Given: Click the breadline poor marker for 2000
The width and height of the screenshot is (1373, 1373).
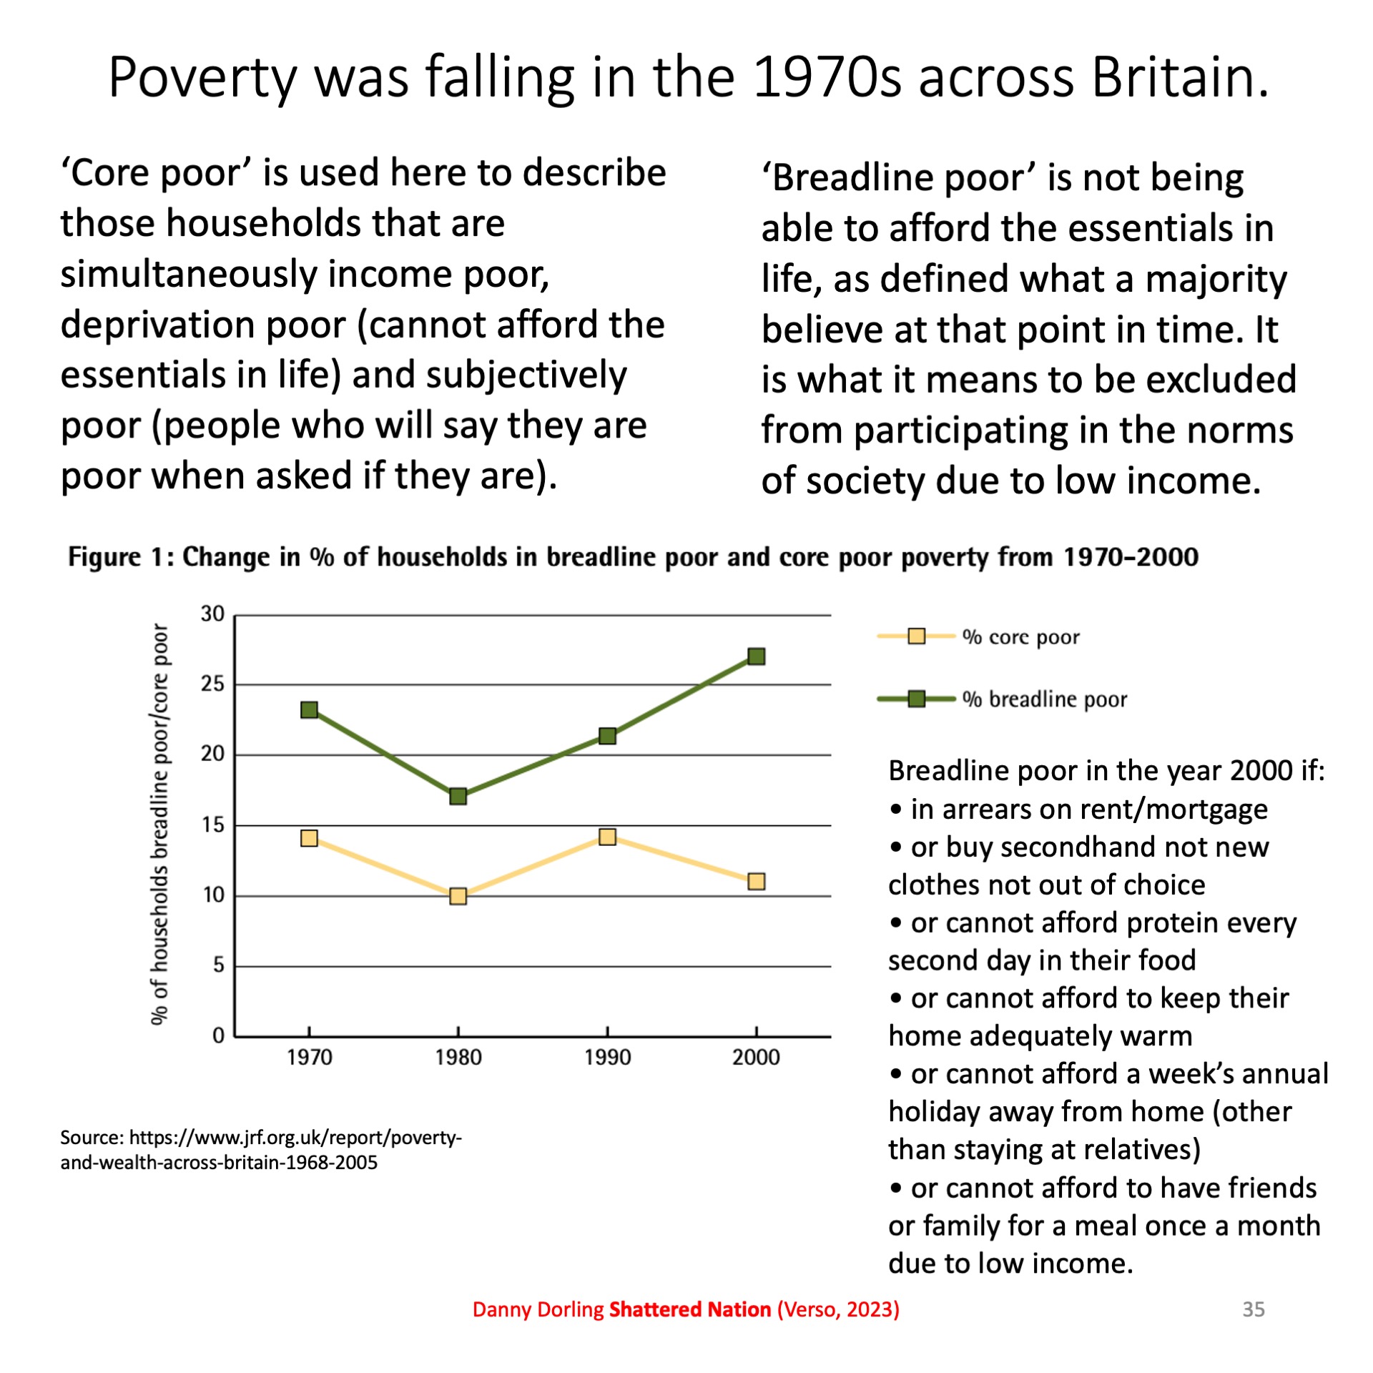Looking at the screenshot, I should pos(756,656).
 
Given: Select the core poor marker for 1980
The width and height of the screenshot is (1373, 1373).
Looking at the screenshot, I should pos(458,896).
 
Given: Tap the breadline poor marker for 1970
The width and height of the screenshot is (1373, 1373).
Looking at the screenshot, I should pos(309,709).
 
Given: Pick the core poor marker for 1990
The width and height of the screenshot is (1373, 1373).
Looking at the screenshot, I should pos(607,837).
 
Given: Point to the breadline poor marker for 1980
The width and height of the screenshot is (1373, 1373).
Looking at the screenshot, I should pos(458,796).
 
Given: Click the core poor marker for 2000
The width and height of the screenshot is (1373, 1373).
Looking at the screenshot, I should pos(756,881).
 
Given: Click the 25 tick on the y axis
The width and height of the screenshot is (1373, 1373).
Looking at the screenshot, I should pos(212,684).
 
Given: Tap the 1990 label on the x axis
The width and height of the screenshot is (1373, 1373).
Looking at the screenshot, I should pos(607,1058).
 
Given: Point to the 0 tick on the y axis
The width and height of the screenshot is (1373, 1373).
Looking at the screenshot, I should pos(218,1035).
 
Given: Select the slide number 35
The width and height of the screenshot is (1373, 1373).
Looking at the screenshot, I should pos(1254,1309).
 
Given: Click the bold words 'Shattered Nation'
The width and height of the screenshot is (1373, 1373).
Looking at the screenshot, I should pos(689,1309).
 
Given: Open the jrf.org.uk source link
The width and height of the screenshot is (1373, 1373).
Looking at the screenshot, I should pos(261,1149).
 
